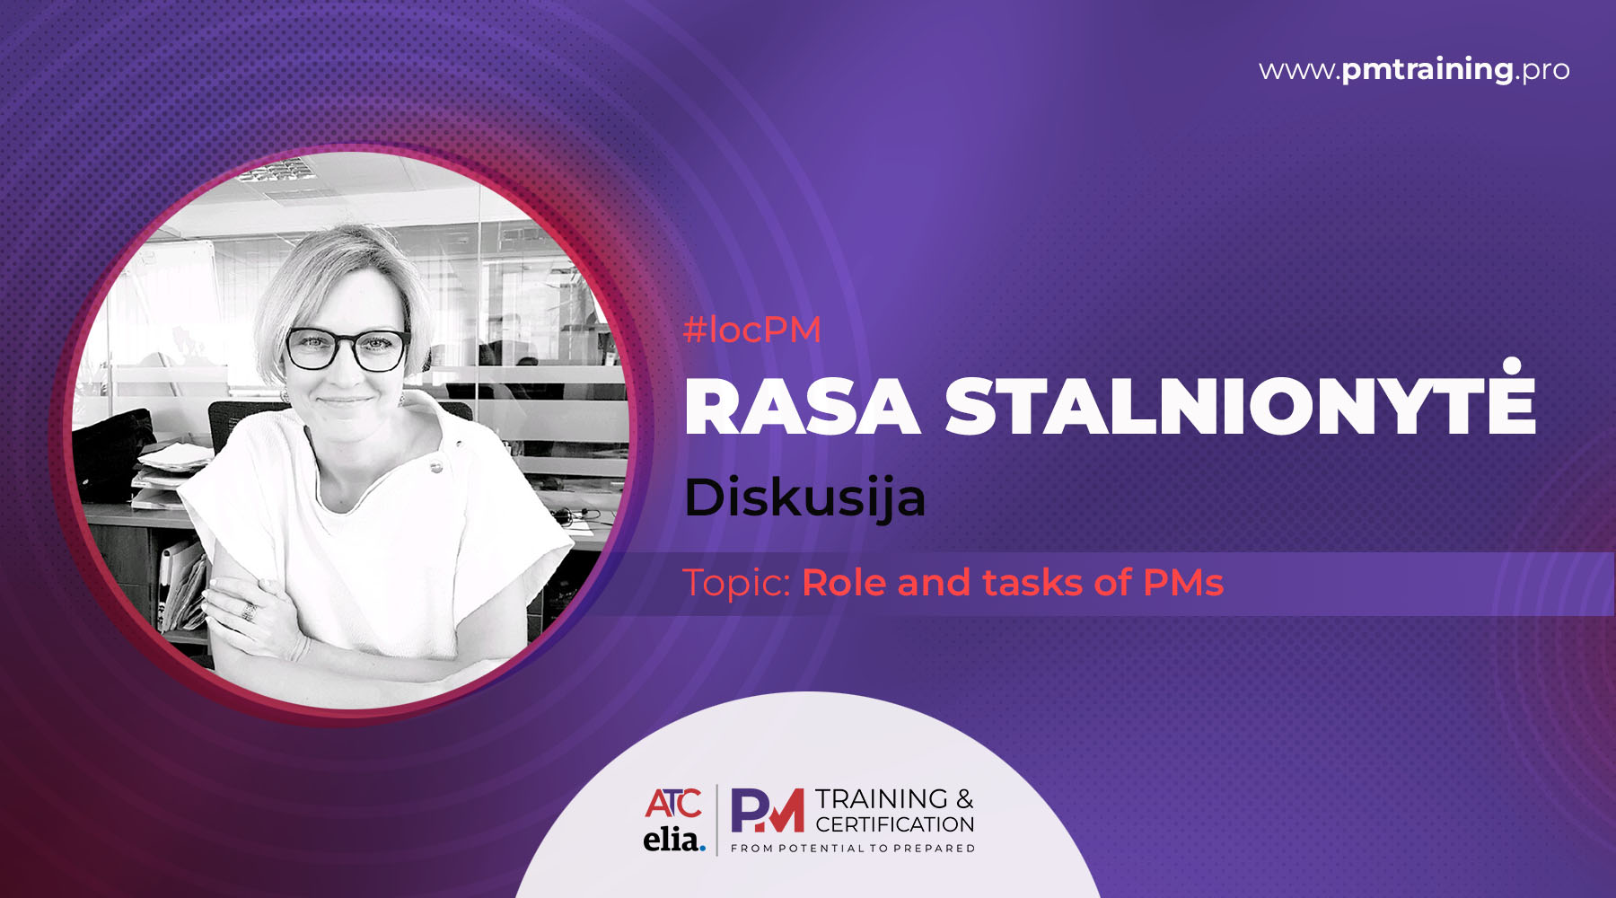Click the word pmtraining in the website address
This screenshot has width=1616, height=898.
click(1427, 70)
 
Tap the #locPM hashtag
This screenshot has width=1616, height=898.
click(752, 330)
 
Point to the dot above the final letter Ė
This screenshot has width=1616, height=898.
click(1513, 365)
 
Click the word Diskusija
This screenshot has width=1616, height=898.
click(804, 497)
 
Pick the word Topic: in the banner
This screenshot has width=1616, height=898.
click(736, 584)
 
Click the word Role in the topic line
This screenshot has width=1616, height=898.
click(844, 583)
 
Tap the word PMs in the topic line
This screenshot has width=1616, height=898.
click(1183, 583)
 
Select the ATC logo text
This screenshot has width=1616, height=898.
click(673, 803)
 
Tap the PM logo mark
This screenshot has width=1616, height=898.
click(768, 810)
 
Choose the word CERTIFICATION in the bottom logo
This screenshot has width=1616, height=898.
click(895, 824)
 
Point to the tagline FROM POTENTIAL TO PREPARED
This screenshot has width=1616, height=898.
click(853, 849)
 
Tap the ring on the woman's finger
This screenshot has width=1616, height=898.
click(249, 612)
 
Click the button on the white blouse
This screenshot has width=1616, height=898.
click(436, 466)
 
